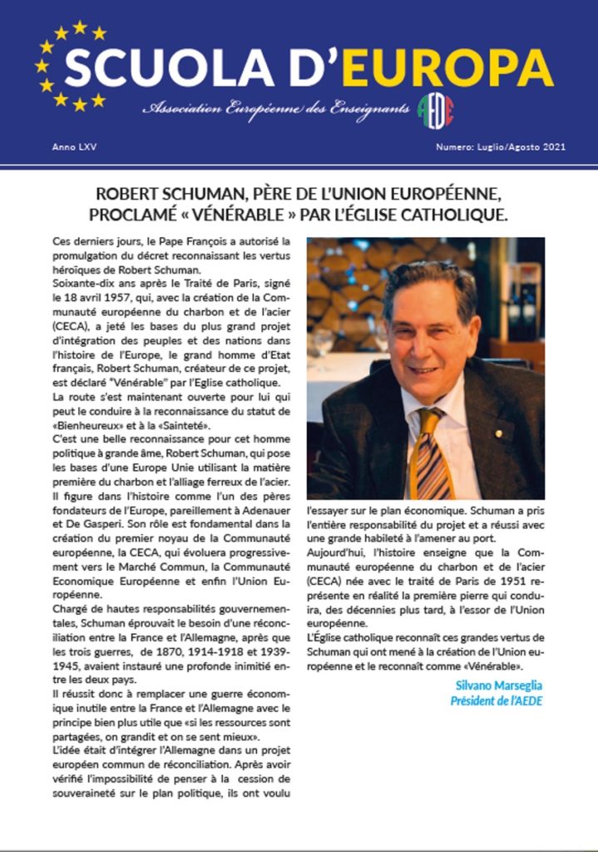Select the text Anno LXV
tap(70, 147)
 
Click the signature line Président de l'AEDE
tap(496, 700)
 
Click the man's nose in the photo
tap(426, 335)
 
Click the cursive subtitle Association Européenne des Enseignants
tap(275, 109)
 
